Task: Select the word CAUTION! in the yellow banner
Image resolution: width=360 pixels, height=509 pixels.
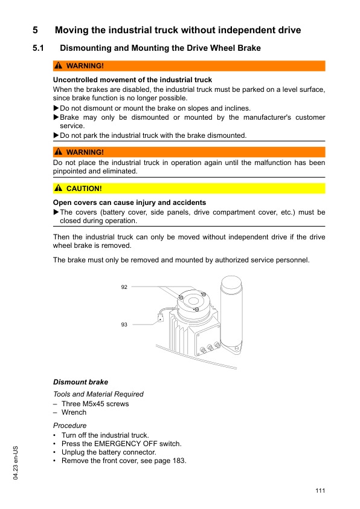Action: coord(84,189)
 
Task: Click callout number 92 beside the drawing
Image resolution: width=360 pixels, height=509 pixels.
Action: coord(124,287)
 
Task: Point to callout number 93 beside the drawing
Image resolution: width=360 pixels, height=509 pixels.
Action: coord(124,325)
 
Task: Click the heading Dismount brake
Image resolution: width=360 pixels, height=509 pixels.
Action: coord(80,382)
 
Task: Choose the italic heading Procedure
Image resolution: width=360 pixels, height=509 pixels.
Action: coord(69,426)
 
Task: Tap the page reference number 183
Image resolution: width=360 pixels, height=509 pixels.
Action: coord(179,461)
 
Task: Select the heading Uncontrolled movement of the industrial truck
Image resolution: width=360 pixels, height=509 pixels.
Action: coord(132,80)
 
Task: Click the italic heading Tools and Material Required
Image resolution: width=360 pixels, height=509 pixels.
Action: coord(98,394)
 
